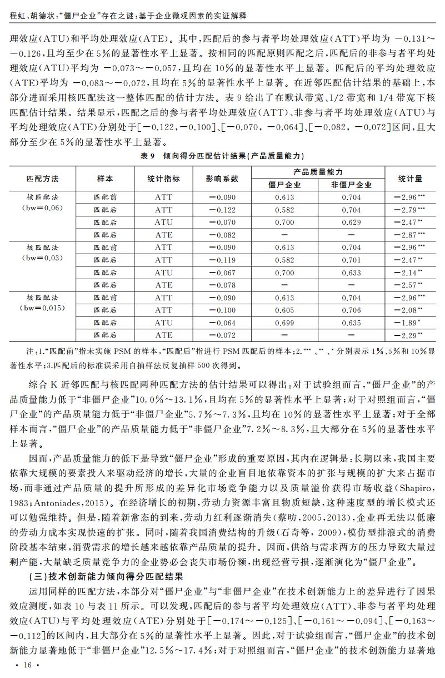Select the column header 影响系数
click(224, 179)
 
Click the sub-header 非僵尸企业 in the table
click(351, 185)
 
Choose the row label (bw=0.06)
click(42, 207)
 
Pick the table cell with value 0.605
click(284, 310)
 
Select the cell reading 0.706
click(351, 310)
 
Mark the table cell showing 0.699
click(284, 323)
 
